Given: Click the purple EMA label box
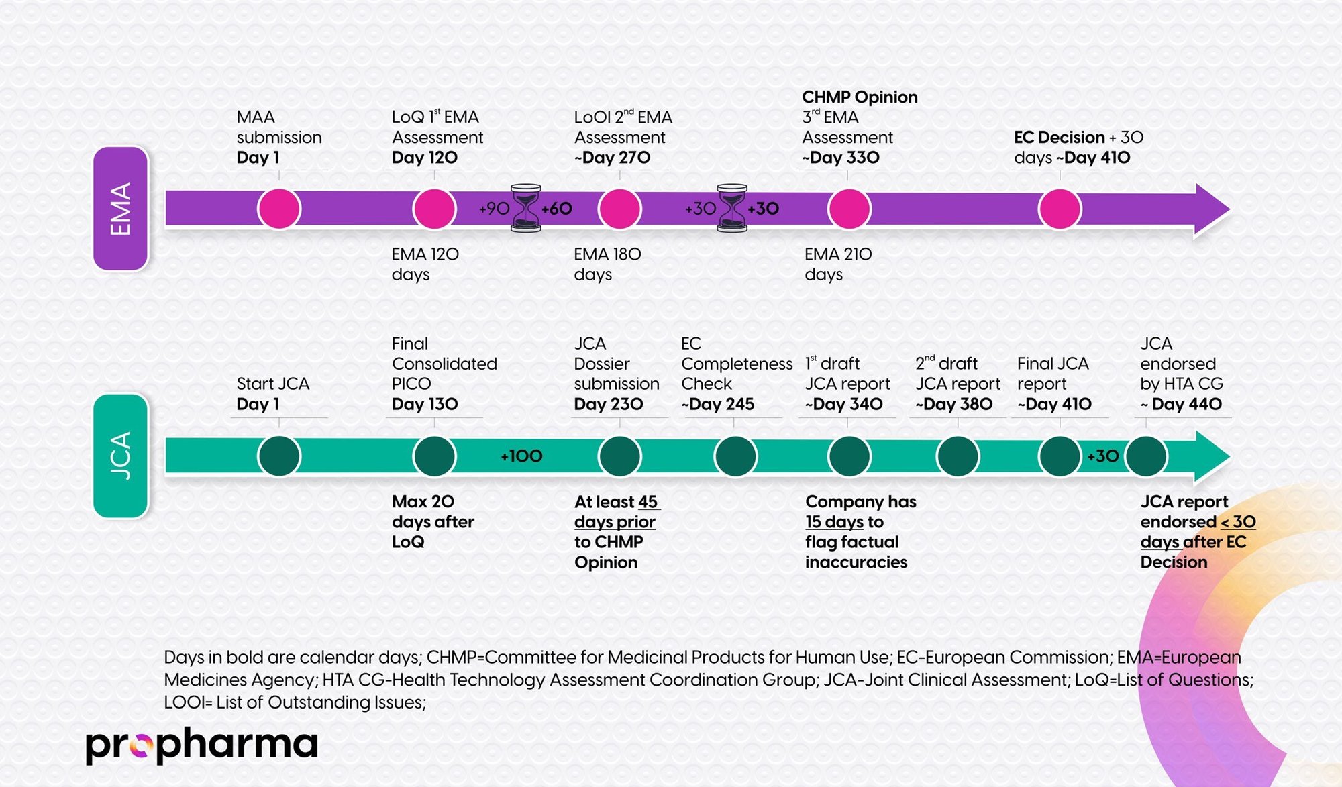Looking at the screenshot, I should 121,209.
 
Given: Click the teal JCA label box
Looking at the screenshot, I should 121,456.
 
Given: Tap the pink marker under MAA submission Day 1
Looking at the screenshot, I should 279,209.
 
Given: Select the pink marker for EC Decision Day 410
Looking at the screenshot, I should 1060,209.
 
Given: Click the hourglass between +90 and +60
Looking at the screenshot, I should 525,209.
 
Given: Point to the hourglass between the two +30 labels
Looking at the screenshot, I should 731,209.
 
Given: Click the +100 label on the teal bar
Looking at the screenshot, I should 521,456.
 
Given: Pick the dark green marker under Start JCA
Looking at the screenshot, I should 279,456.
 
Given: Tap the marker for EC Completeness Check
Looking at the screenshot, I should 735,456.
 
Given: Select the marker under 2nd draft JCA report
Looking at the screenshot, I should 958,456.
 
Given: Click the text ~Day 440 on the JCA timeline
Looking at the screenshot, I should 1181,404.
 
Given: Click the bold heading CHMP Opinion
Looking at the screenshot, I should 860,97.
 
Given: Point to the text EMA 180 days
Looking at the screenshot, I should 607,264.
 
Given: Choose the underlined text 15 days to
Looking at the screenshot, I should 844,522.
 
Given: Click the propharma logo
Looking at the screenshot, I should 201,745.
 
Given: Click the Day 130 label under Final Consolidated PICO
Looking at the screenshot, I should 425,404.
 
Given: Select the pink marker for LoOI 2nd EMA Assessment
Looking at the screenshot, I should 619,209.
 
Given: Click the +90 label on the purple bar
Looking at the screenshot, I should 494,209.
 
